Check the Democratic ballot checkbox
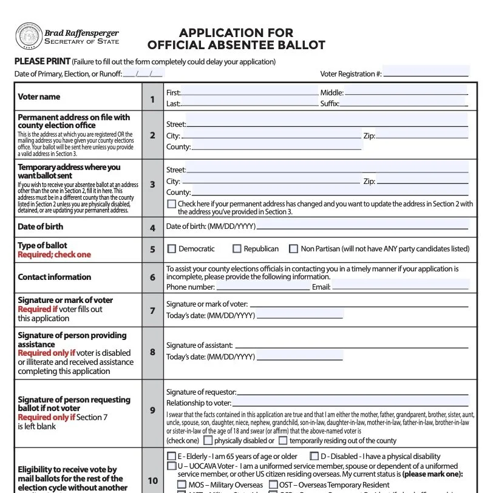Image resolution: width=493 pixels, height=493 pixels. [x=172, y=249]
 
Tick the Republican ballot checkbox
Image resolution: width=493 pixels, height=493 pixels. [x=237, y=249]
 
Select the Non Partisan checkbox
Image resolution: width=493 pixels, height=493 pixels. [x=294, y=249]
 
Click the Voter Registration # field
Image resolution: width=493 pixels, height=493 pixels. [x=426, y=72]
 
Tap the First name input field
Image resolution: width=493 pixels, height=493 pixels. [x=249, y=92]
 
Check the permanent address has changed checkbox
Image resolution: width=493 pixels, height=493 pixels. [x=171, y=205]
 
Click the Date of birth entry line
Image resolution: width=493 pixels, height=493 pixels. [x=362, y=226]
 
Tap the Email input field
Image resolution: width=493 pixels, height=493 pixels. [x=401, y=287]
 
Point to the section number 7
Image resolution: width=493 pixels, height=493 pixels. [x=152, y=310]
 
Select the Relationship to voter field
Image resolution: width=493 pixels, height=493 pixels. [x=350, y=403]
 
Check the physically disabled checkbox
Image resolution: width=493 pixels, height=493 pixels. [x=208, y=441]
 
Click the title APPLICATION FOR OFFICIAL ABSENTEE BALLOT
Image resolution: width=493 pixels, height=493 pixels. [x=236, y=39]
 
